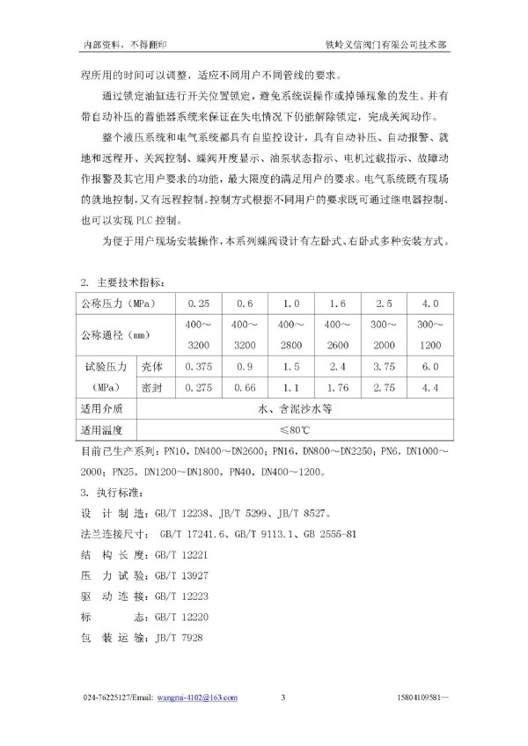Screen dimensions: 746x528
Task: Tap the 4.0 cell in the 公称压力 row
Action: point(430,304)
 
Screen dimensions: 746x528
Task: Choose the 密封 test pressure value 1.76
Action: point(338,386)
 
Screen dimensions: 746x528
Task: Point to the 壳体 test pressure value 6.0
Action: point(430,365)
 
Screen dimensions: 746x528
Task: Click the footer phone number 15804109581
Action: point(425,698)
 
